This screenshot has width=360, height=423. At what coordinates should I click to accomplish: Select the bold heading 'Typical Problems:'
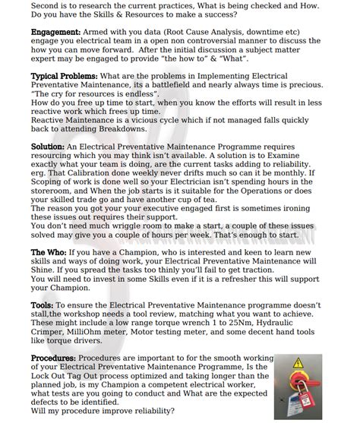coord(63,77)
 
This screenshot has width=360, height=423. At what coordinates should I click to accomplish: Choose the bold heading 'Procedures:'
coord(53,356)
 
